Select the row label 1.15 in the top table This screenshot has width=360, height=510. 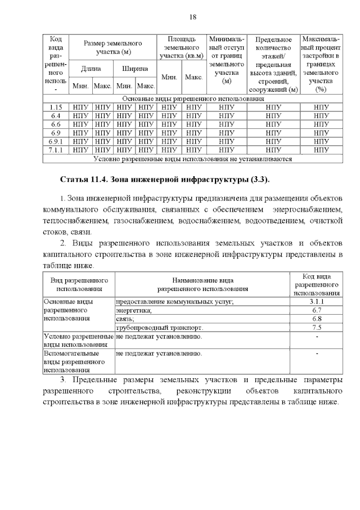coord(55,106)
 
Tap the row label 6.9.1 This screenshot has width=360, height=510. coord(55,141)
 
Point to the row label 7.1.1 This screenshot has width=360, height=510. coord(55,150)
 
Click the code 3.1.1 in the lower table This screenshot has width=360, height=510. coord(316,301)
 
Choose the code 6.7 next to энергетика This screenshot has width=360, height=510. coord(316,310)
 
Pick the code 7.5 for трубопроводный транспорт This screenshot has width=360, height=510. coord(316,327)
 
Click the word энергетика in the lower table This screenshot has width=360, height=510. coord(134,310)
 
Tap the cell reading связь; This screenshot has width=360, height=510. coord(125,319)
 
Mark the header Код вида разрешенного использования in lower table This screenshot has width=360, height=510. coord(316,285)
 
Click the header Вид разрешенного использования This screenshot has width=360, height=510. coord(79,284)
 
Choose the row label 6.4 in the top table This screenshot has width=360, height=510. coord(55,115)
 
